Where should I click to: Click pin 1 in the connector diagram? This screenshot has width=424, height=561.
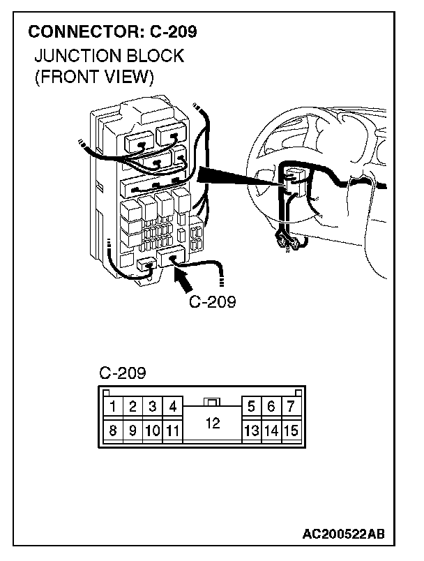pyautogui.click(x=112, y=407)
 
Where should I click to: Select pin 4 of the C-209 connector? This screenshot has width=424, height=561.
pyautogui.click(x=172, y=407)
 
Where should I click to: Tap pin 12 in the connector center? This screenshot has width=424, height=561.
pyautogui.click(x=213, y=424)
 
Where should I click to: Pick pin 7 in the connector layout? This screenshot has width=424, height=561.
pyautogui.click(x=291, y=407)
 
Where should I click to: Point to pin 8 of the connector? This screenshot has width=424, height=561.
pyautogui.click(x=112, y=431)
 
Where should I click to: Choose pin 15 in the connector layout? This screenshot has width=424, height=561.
pyautogui.click(x=291, y=431)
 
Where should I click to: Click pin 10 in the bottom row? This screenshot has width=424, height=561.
pyautogui.click(x=151, y=431)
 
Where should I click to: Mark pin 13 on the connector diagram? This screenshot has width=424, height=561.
pyautogui.click(x=251, y=431)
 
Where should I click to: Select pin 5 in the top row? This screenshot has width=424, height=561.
pyautogui.click(x=251, y=407)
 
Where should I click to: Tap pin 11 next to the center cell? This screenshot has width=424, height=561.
pyautogui.click(x=172, y=431)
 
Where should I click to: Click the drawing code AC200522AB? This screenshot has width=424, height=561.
pyautogui.click(x=343, y=535)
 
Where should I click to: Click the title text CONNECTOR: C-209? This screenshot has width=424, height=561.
pyautogui.click(x=112, y=32)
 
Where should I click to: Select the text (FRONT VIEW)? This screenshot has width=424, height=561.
pyautogui.click(x=93, y=76)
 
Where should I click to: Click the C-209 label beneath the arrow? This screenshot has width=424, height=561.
pyautogui.click(x=212, y=303)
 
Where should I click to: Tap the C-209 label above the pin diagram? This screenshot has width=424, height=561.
pyautogui.click(x=122, y=373)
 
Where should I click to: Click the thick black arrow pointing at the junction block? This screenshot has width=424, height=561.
pyautogui.click(x=183, y=280)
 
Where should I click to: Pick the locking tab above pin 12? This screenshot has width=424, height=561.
pyautogui.click(x=213, y=402)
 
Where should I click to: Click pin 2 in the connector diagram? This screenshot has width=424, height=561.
pyautogui.click(x=132, y=407)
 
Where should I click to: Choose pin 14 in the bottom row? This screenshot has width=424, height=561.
pyautogui.click(x=271, y=431)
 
